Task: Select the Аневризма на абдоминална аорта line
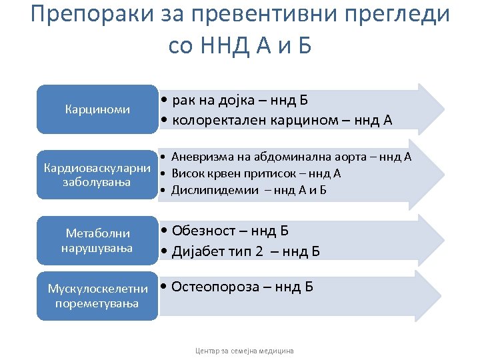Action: (291, 157)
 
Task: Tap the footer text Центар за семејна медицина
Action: (244, 350)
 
